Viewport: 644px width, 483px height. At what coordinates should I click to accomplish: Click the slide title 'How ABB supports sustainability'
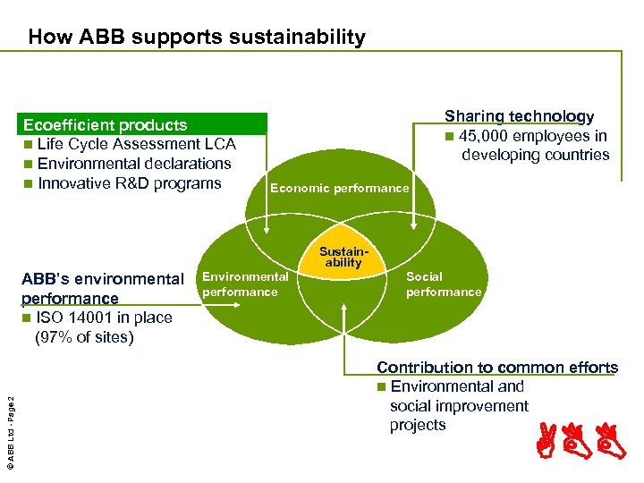coord(197,38)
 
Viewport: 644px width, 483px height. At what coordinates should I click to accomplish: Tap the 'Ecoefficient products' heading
coord(105,125)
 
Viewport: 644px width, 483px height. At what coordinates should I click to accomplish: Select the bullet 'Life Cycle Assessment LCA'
coord(137,144)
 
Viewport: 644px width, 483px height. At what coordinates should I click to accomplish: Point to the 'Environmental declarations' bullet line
coord(134,164)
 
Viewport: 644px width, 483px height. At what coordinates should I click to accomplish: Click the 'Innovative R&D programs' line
coord(130,183)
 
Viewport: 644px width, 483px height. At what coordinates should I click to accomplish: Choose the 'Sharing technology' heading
coord(519,116)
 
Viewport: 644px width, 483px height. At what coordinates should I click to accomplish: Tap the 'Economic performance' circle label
coord(339,188)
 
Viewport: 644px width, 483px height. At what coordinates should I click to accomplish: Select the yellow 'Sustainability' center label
coord(343,258)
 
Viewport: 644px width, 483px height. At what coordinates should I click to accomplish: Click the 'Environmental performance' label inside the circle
coord(245,284)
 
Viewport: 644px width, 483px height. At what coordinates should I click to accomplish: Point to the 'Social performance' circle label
coord(444,284)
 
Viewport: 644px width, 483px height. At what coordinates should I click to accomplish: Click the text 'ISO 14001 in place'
coord(104,318)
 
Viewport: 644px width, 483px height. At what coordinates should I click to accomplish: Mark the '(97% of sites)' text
coord(83,337)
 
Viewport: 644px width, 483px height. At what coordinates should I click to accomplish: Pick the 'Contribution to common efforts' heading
coord(497,367)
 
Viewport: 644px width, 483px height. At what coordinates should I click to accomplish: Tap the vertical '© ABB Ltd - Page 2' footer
coord(10,419)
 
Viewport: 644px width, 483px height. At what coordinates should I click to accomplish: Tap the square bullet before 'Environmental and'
coord(382,387)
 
